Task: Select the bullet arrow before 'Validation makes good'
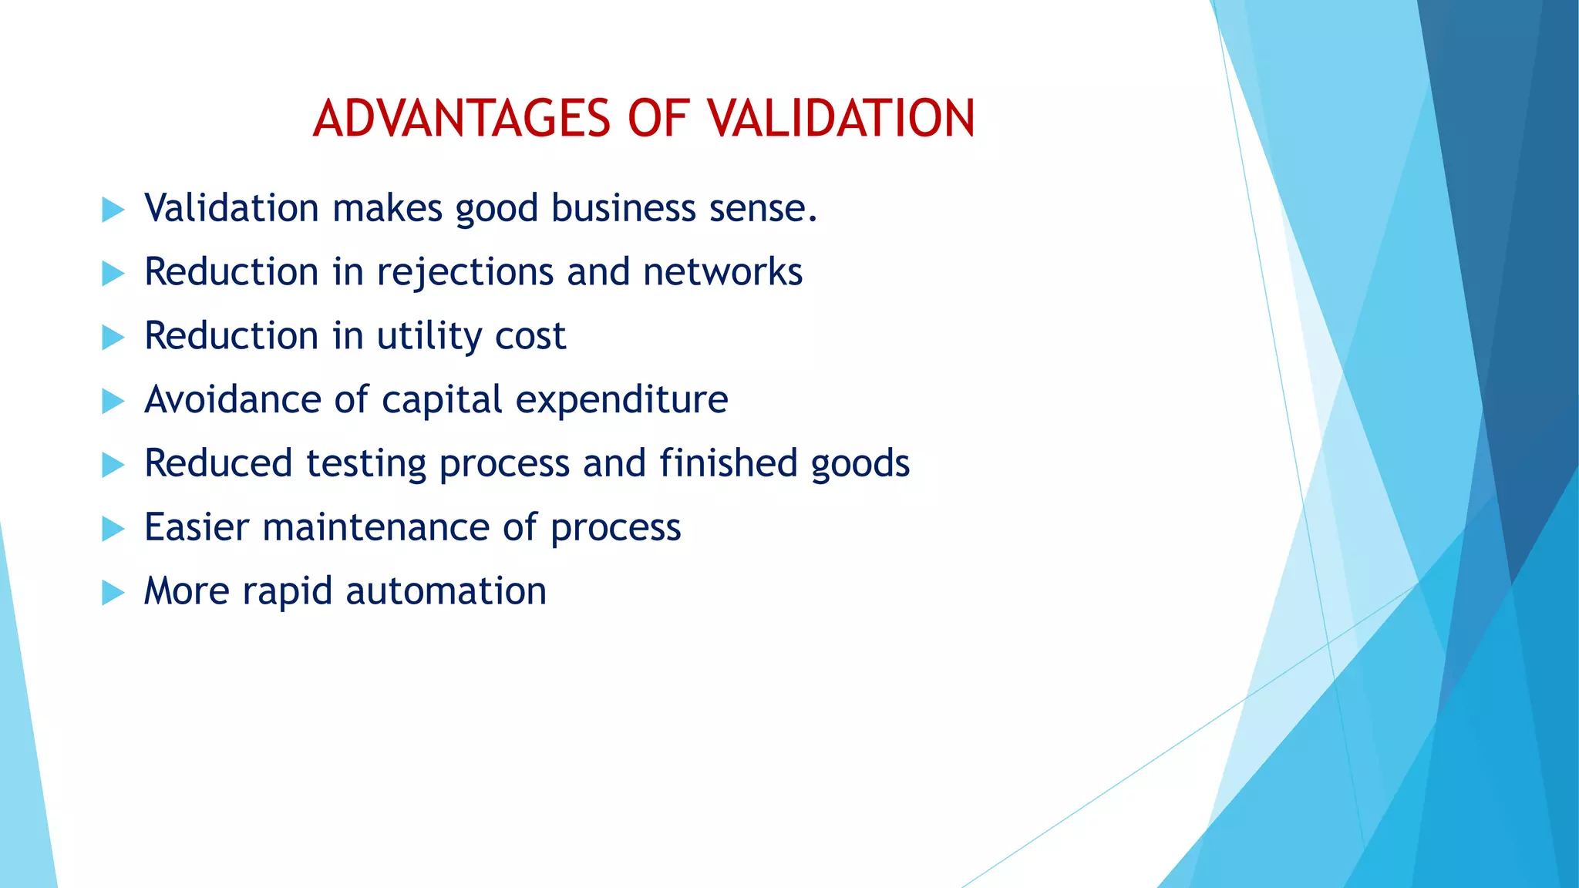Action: pos(113,209)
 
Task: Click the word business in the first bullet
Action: pos(623,209)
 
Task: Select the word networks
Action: pos(722,273)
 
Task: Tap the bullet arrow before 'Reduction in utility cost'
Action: pos(113,337)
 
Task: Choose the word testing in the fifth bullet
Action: pos(365,465)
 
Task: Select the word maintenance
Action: pos(375,528)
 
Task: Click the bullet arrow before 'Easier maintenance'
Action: pos(113,529)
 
